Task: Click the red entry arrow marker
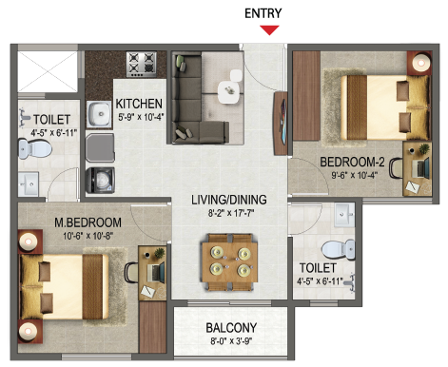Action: pos(269,29)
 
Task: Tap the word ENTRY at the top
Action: pos(263,13)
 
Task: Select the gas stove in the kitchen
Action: pos(142,65)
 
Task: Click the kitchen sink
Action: pos(100,114)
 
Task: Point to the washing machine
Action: pos(100,180)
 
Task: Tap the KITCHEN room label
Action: pos(139,104)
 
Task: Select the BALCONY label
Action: pos(231,328)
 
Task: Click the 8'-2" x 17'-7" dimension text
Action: pos(231,213)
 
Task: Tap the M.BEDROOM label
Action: pos(88,222)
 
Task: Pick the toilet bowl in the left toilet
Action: pos(34,148)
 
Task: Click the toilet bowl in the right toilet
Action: pos(338,249)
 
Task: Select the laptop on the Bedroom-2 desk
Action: pos(421,168)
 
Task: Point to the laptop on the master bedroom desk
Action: pos(156,272)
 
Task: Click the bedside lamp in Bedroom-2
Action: pos(421,63)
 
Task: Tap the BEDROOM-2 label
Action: pos(352,162)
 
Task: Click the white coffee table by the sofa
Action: pos(228,92)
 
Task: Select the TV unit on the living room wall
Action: pos(281,123)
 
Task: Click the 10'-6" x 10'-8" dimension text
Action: pos(88,236)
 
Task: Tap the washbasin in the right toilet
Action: pos(344,215)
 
